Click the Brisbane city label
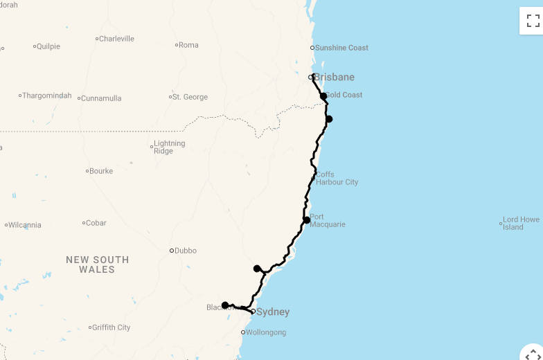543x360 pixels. (x=334, y=77)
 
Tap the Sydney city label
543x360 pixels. (x=273, y=312)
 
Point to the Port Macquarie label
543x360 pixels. (x=327, y=221)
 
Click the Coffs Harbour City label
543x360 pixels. (x=337, y=179)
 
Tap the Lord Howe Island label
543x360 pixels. (x=521, y=224)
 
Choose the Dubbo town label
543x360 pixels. (x=186, y=251)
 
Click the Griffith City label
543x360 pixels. (x=111, y=327)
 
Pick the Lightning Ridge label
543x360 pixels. (x=170, y=147)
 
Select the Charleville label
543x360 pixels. (x=116, y=39)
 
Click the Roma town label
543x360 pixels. (x=188, y=45)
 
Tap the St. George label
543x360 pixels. (x=190, y=97)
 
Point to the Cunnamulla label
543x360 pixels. (x=101, y=98)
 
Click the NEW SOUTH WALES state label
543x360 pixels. (x=98, y=264)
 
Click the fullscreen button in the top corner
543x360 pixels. (x=533, y=21)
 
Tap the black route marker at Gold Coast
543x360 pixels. (x=323, y=96)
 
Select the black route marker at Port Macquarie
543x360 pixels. (x=307, y=220)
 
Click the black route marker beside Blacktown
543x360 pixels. (x=225, y=305)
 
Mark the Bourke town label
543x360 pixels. (x=101, y=171)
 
